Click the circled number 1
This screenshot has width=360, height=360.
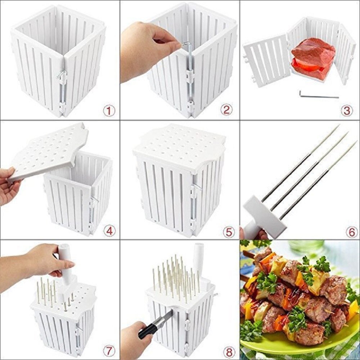coord(109,111)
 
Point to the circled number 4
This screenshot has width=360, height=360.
coord(109,231)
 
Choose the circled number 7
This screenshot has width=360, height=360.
coord(109,351)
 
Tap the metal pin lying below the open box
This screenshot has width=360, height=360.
coord(319,94)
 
